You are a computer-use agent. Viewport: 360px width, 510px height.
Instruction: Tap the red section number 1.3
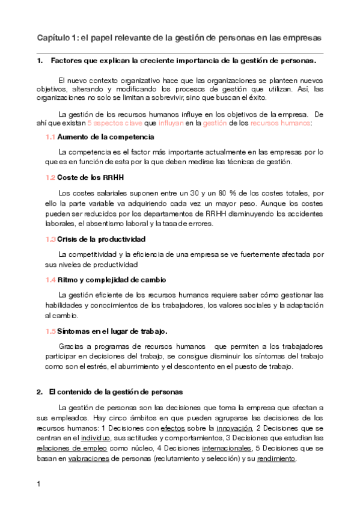click(50, 239)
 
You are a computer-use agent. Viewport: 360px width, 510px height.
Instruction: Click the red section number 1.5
click(50, 331)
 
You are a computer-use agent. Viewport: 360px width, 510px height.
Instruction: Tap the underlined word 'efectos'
click(173, 428)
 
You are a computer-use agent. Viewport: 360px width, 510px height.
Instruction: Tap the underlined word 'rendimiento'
click(277, 458)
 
